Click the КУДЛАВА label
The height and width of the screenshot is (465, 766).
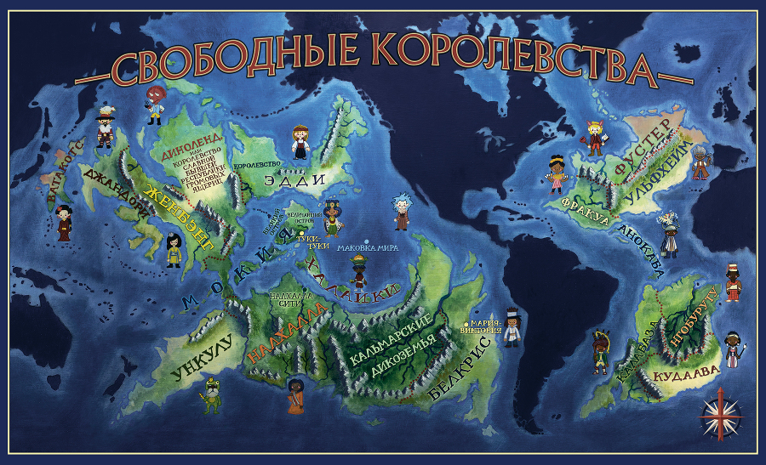(x=685, y=371)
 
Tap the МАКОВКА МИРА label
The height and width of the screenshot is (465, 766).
(x=369, y=248)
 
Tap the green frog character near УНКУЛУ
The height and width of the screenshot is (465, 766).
(x=211, y=395)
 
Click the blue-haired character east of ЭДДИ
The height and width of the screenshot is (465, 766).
(x=401, y=213)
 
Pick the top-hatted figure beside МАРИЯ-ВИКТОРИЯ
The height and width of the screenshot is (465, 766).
(x=512, y=326)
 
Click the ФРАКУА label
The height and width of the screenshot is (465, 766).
(x=586, y=210)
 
